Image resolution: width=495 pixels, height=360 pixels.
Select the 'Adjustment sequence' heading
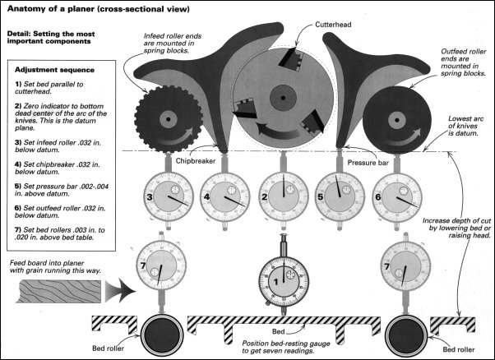tap(55, 71)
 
